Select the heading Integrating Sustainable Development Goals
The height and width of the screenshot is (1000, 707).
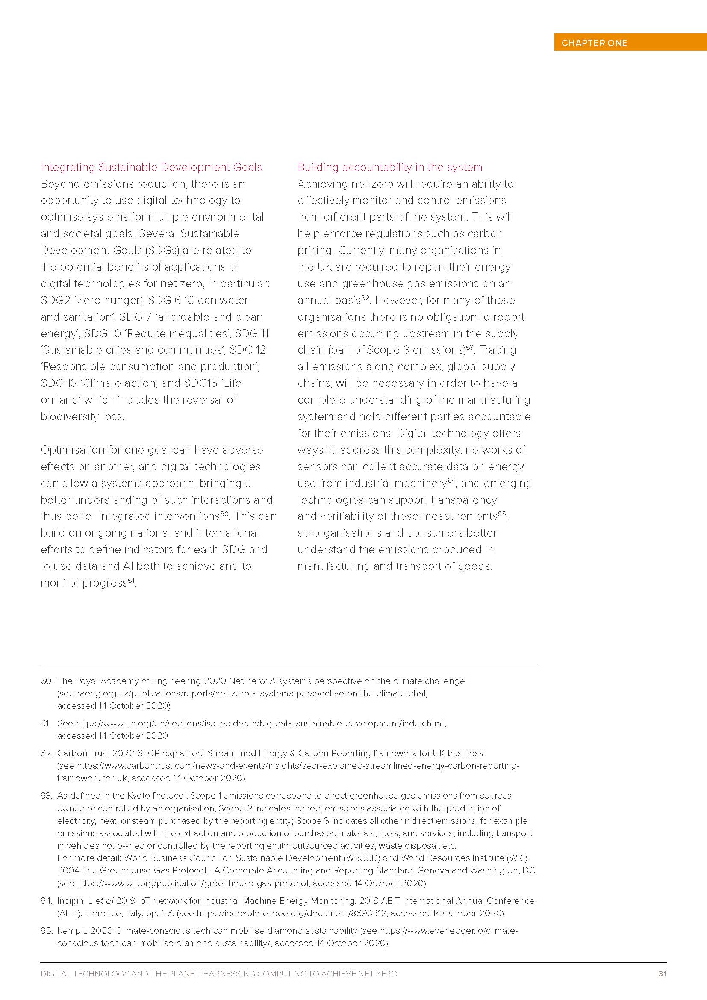151,167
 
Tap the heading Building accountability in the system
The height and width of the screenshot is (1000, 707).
390,167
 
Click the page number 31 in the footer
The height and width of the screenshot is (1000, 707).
662,973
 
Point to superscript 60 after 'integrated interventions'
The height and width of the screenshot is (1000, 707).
224,513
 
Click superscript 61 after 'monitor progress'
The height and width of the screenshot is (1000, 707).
131,580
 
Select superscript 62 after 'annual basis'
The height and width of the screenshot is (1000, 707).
365,298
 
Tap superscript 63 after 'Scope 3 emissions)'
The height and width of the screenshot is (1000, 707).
469,347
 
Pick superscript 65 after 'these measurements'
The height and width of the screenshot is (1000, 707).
501,513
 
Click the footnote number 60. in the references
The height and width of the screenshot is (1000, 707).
46,681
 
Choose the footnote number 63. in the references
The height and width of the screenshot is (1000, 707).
46,795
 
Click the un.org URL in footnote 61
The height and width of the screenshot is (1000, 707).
260,723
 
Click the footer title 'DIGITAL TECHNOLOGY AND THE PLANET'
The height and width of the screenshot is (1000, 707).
120,973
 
